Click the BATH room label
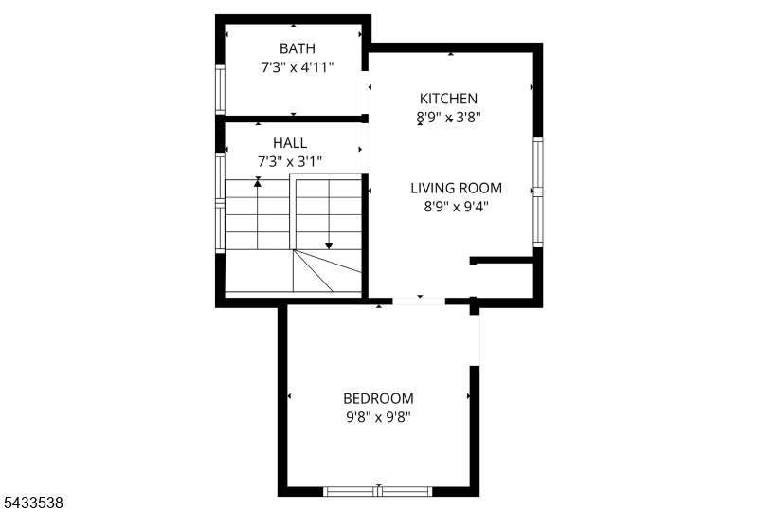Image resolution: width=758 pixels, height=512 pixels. (298, 48)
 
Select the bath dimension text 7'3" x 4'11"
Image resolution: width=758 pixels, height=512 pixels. (298, 67)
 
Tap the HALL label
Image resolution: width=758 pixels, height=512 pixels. (290, 143)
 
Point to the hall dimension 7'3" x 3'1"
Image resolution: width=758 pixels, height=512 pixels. (290, 161)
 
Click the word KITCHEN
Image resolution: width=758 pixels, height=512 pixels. (448, 99)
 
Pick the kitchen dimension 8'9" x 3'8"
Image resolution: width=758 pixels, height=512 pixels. (448, 118)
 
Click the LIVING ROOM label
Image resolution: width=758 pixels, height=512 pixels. (457, 188)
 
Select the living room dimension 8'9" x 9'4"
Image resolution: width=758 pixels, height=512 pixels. (457, 207)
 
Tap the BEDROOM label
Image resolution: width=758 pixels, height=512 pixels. (378, 399)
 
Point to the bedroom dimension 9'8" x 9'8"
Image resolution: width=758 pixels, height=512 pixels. (378, 417)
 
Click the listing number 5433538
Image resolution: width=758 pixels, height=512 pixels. (32, 503)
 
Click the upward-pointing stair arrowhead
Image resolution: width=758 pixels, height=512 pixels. (258, 182)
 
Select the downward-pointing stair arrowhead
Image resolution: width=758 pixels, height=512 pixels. (329, 246)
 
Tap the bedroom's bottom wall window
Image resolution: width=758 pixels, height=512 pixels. (377, 492)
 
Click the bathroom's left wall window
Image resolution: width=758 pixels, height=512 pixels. (220, 89)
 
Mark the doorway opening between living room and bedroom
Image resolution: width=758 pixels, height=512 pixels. (419, 302)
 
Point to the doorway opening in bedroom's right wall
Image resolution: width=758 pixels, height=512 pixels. (475, 340)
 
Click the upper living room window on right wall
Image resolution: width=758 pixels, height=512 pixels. (538, 164)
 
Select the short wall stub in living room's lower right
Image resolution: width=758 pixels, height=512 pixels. (501, 261)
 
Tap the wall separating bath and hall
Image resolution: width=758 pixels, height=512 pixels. (294, 119)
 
